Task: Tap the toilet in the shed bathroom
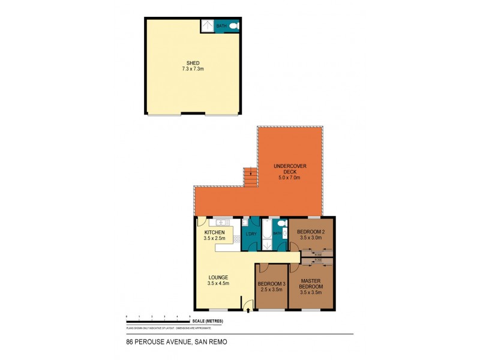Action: tap(233, 26)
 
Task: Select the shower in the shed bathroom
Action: tap(207, 25)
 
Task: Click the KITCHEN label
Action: tap(214, 232)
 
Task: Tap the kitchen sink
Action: tap(221, 221)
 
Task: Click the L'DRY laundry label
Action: tap(251, 233)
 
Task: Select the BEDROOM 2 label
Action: tap(310, 232)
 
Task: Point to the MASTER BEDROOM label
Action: tap(311, 284)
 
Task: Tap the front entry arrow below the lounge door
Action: tap(248, 311)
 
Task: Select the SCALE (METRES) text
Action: tap(208, 322)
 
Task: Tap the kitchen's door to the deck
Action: tap(203, 221)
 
